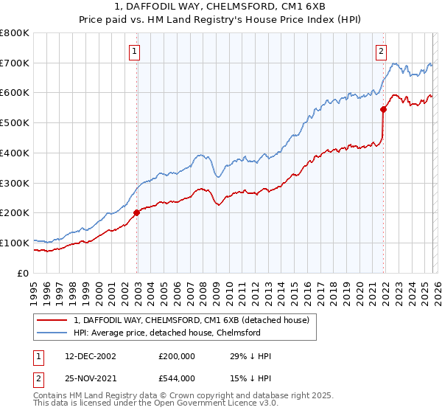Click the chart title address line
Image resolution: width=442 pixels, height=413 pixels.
pos(220,7)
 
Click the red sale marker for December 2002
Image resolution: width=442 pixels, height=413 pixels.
pos(137,212)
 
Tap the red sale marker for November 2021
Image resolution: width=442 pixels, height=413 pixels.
pos(384,110)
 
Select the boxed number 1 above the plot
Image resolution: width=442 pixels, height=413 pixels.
pos(136,51)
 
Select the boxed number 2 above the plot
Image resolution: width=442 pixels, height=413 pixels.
pos(381,51)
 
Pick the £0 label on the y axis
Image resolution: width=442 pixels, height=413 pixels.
pos(24,273)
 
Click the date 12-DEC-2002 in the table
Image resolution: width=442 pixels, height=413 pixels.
pos(90,356)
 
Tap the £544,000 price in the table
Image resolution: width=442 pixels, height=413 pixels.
pos(177,378)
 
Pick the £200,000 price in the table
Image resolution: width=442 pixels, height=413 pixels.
pos(177,356)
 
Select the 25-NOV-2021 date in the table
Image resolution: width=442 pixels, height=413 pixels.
pos(90,378)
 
